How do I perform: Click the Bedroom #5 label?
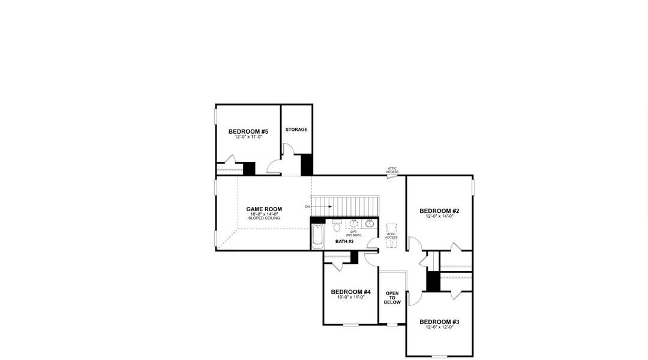248,131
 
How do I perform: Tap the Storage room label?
296,130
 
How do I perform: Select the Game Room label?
264,209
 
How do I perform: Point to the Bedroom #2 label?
439,211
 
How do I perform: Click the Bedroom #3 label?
439,322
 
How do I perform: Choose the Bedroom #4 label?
351,292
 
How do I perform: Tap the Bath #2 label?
344,241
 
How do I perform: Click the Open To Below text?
392,298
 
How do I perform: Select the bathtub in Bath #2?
317,235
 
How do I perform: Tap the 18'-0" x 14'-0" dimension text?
264,214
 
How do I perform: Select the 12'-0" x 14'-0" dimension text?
439,216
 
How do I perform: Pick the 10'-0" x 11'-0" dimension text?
351,297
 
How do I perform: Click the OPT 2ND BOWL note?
353,233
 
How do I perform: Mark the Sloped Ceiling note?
264,218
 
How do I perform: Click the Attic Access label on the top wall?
392,171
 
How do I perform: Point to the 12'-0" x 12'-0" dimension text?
439,327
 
